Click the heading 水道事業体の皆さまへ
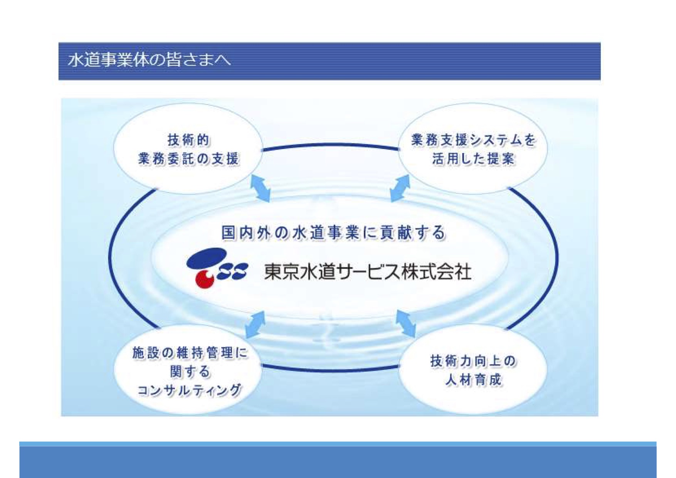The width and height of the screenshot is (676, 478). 150,60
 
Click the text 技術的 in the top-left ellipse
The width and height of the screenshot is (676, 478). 189,140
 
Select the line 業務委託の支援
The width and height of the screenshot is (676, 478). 189,158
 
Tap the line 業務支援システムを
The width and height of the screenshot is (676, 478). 474,140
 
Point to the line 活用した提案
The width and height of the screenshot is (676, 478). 474,158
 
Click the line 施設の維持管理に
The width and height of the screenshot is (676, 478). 190,353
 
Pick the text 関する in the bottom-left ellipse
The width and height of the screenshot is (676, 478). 190,372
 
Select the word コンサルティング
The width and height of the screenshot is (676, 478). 190,390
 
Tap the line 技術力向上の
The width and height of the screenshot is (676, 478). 474,361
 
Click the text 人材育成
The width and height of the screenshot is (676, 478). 474,380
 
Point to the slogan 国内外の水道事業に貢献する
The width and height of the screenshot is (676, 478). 334,233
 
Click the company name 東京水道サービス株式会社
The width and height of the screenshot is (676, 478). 367,272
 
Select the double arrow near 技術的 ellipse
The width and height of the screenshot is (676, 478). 261,188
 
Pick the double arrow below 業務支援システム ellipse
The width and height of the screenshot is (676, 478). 400,188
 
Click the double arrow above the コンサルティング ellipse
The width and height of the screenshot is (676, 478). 255,325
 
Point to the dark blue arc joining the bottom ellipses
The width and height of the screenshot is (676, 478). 330,370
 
